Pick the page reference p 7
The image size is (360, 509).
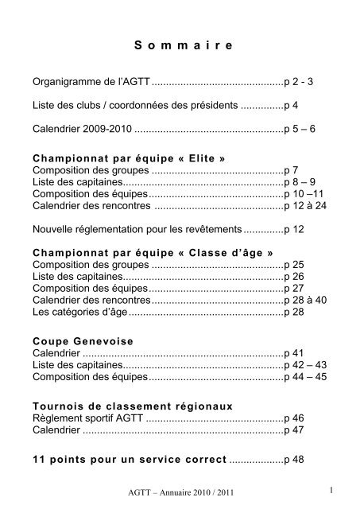pos(292,171)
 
